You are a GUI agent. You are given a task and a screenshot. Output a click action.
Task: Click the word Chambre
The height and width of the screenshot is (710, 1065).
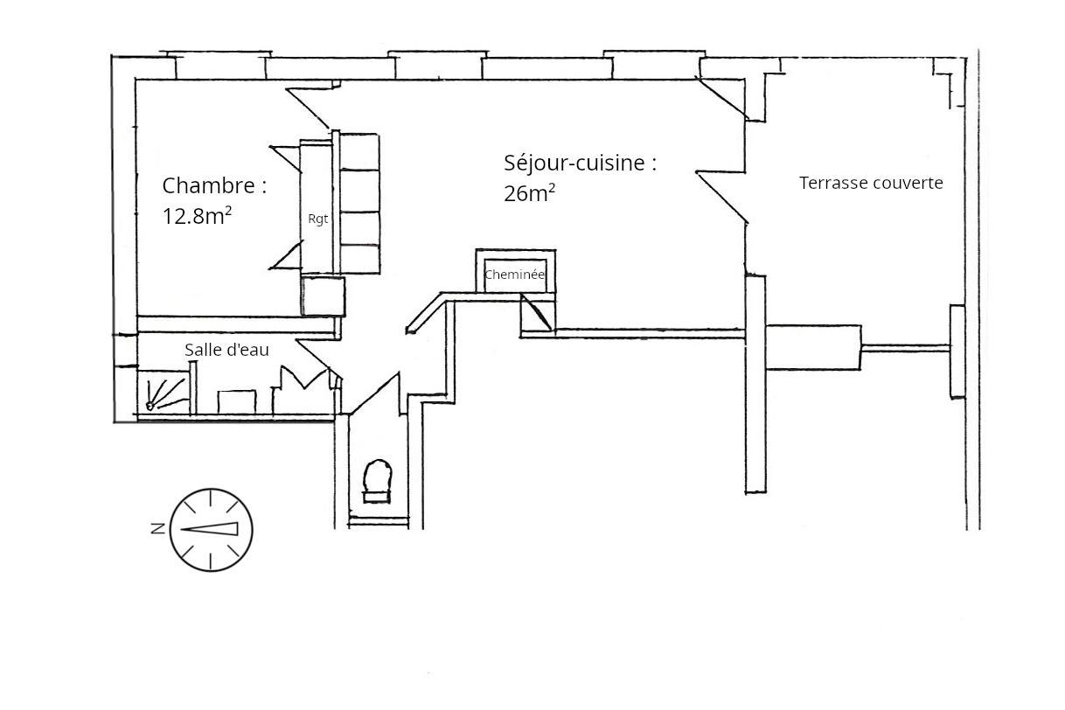(x=209, y=185)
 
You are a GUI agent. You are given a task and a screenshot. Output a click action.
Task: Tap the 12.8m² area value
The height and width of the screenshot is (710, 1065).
(x=197, y=216)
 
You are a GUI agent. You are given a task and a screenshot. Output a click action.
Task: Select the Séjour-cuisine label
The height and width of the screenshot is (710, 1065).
(x=580, y=163)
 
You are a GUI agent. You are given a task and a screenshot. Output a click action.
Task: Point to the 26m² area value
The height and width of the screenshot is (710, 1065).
(x=529, y=193)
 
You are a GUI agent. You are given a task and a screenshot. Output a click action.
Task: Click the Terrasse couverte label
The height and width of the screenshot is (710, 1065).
(x=871, y=183)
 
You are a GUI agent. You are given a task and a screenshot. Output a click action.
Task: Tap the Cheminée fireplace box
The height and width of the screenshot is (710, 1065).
(x=515, y=271)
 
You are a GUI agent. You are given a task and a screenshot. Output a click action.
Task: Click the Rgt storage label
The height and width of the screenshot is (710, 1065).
(x=318, y=219)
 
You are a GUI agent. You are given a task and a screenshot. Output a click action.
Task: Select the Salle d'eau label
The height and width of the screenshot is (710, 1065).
(x=226, y=350)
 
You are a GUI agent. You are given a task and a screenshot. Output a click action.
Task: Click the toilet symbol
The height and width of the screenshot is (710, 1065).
(x=377, y=480)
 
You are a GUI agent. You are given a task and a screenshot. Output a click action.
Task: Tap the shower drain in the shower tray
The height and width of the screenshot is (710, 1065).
(x=150, y=406)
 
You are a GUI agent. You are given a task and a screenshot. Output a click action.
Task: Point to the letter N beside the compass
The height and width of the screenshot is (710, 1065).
(x=158, y=528)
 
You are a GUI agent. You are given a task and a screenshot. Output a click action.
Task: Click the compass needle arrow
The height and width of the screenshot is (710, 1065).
(x=209, y=528)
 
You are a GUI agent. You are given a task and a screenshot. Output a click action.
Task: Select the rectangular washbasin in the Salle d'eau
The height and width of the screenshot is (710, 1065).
(x=237, y=402)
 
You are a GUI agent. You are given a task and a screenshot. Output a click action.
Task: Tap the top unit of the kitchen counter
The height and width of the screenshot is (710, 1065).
(x=360, y=151)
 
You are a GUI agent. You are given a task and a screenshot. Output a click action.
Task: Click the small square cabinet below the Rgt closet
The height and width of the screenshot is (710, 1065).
(x=323, y=296)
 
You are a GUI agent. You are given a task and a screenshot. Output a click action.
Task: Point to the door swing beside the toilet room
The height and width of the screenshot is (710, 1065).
(x=375, y=393)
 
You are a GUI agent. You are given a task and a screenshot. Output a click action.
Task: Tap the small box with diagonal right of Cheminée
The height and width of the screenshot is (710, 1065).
(x=538, y=313)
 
